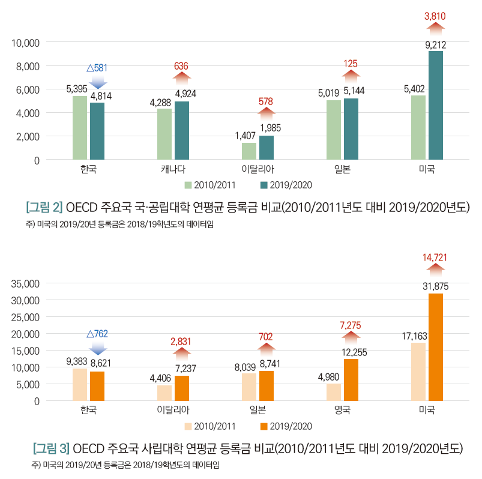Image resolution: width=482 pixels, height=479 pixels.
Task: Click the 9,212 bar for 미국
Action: [435, 106]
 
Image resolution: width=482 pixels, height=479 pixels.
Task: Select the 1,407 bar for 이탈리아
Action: [249, 151]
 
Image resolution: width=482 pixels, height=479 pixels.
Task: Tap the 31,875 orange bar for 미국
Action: [435, 347]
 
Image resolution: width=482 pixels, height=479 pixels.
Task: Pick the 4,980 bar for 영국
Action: [334, 392]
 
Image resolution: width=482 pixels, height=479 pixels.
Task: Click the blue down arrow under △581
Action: [97, 81]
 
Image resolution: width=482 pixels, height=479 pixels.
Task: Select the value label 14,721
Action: [435, 258]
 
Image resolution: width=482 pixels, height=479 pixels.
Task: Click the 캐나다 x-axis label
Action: [173, 169]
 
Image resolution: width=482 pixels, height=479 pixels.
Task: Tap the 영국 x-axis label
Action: [342, 410]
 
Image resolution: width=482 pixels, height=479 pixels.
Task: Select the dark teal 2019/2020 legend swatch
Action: [263, 185]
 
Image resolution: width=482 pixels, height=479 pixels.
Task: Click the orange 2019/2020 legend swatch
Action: [263, 426]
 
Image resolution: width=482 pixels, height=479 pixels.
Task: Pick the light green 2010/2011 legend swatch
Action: [187, 185]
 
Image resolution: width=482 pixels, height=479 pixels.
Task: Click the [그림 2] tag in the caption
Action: [44, 208]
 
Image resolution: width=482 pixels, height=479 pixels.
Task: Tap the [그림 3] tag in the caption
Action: [51, 448]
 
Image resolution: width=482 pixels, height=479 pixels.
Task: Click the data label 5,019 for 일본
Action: [329, 92]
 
